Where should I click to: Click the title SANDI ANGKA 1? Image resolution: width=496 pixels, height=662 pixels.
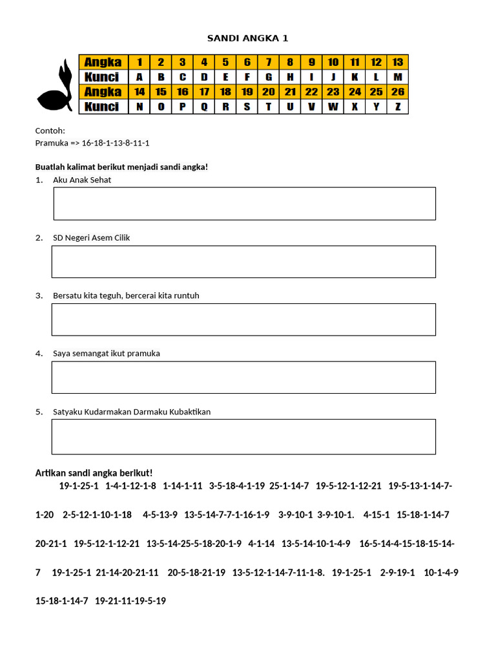point(247,38)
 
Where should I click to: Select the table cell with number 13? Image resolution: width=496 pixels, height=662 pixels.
point(397,62)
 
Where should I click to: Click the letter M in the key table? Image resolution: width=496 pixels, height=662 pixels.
point(397,77)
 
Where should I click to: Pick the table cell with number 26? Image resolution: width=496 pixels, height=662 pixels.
point(397,92)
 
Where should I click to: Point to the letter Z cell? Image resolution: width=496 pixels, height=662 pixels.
point(397,107)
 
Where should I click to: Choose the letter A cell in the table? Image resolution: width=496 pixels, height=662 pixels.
point(139,77)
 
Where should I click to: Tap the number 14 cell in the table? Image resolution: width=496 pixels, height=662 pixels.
point(139,92)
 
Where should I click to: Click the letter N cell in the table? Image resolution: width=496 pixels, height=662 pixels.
point(139,107)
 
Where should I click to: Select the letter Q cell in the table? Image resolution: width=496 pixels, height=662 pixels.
point(204,107)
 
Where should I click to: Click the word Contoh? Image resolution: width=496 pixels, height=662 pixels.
point(50,131)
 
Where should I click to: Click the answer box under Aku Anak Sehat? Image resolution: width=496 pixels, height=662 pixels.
point(244,204)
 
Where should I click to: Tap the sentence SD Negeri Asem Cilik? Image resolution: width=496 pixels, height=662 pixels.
point(92,238)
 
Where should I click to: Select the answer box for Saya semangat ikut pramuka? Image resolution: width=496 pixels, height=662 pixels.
point(243,378)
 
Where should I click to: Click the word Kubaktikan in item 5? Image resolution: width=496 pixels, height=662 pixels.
point(190,412)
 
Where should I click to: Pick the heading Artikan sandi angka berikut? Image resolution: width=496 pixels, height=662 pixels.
point(94,473)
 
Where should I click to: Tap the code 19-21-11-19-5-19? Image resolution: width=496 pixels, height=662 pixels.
point(130,601)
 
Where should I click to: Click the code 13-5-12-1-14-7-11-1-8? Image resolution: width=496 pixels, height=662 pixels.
point(278,572)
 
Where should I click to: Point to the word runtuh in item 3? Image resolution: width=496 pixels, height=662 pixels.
point(185,295)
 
